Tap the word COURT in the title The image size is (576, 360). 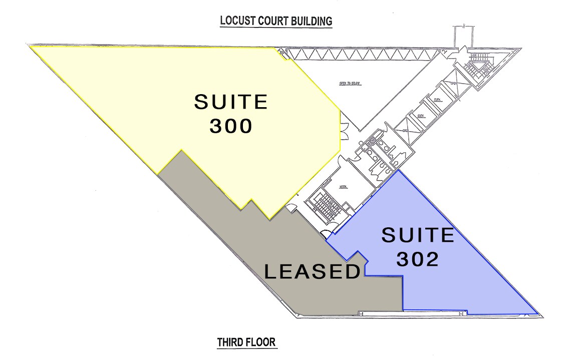274,22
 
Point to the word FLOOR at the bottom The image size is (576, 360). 261,343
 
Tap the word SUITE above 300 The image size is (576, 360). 231,102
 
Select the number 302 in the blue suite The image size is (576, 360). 418,259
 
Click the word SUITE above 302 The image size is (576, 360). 418,235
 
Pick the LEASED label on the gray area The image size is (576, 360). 313,272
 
